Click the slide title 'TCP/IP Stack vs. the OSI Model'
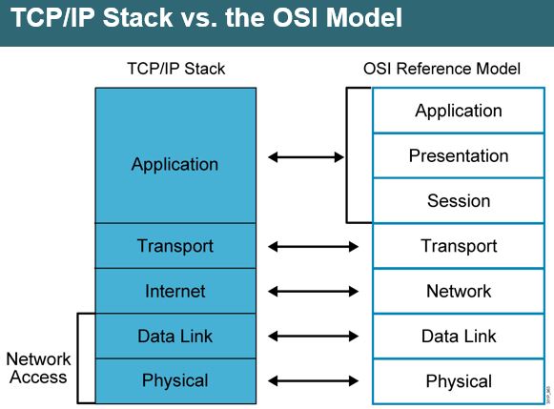[x=206, y=19]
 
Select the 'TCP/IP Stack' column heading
[x=175, y=70]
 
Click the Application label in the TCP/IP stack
[x=175, y=164]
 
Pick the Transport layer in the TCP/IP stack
[x=175, y=246]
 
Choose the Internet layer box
[x=175, y=291]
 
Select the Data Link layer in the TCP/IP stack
[x=175, y=336]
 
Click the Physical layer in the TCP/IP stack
[x=175, y=380]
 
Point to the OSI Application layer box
[x=459, y=111]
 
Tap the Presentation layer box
[x=459, y=155]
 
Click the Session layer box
[x=459, y=200]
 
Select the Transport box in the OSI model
[x=459, y=246]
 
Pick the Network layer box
[x=459, y=291]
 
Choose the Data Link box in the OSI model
[x=459, y=336]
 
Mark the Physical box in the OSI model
[x=459, y=380]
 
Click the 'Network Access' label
[x=38, y=368]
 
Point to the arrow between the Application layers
[x=306, y=156]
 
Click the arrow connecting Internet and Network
[x=314, y=291]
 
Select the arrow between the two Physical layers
[x=314, y=380]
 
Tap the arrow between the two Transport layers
[x=314, y=246]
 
